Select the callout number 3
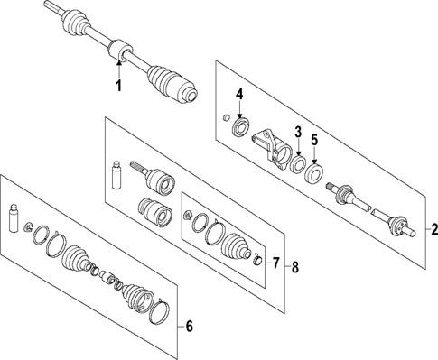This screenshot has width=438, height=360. [x=296, y=134]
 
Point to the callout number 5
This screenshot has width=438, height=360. [x=314, y=140]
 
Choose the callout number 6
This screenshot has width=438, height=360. [x=188, y=326]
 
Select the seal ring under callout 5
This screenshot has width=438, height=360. [x=316, y=171]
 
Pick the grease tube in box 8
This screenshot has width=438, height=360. [x=116, y=174]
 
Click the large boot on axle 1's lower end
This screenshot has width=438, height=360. [x=172, y=82]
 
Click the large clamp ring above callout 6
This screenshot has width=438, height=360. [x=156, y=313]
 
